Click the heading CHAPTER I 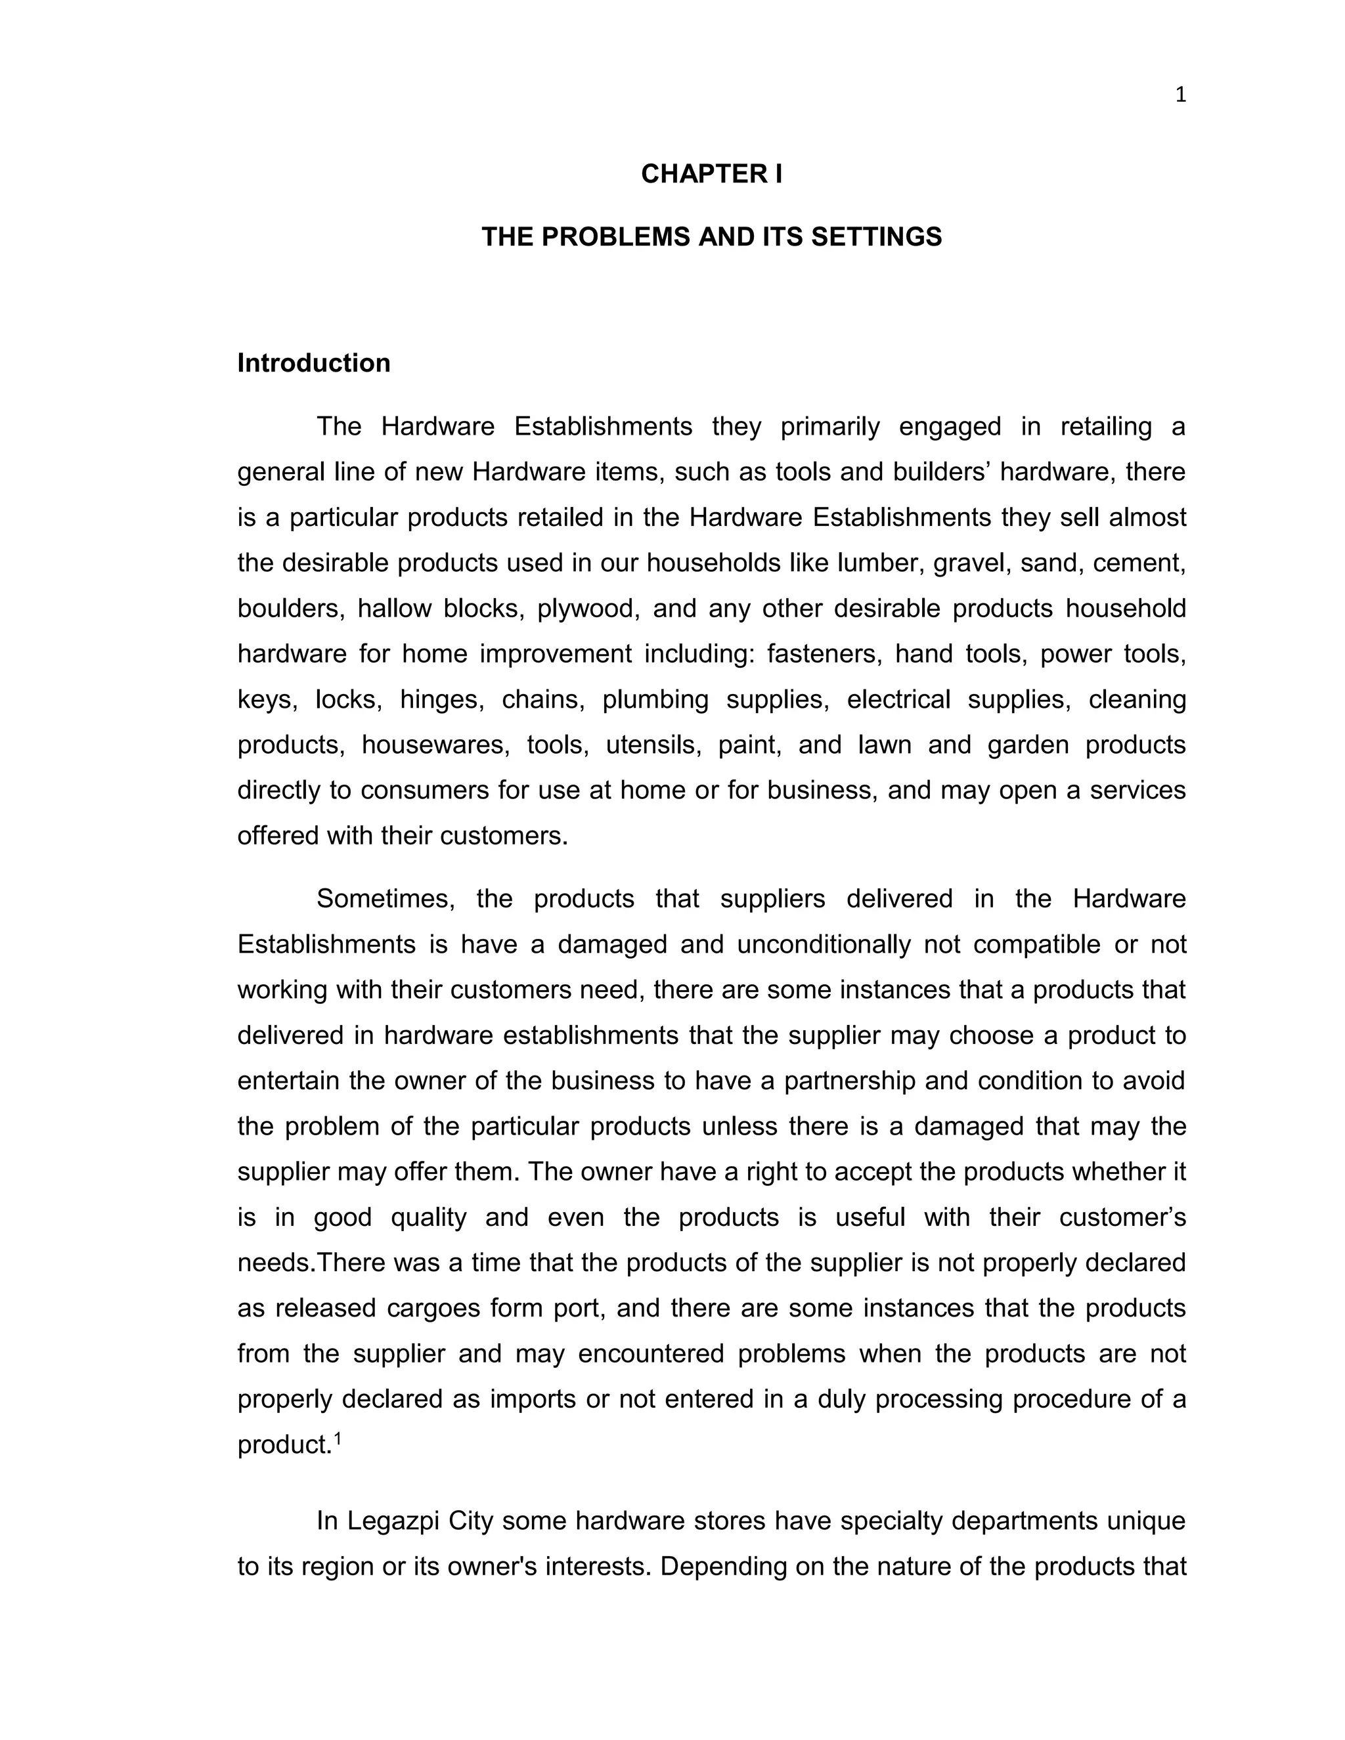coord(711,174)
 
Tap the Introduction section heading coord(314,363)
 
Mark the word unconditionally coord(823,944)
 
